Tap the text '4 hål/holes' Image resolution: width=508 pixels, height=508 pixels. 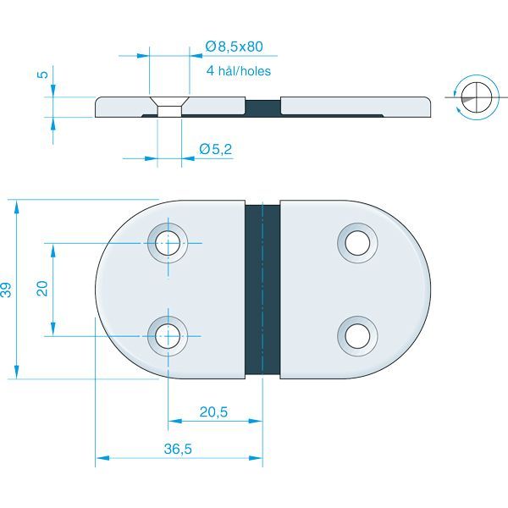pos(238,71)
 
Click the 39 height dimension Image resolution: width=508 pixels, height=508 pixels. pos(8,290)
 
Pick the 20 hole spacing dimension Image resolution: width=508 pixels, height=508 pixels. pos(42,290)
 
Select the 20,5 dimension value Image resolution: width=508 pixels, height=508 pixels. pos(213,412)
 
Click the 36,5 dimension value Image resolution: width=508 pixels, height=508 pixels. pos(178,450)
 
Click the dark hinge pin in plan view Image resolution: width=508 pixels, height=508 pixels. pos(262,289)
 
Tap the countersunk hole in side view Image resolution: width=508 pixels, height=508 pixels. pos(169,108)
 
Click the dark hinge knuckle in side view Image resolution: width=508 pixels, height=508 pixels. pos(262,107)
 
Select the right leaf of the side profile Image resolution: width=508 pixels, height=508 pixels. pos(356,107)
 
